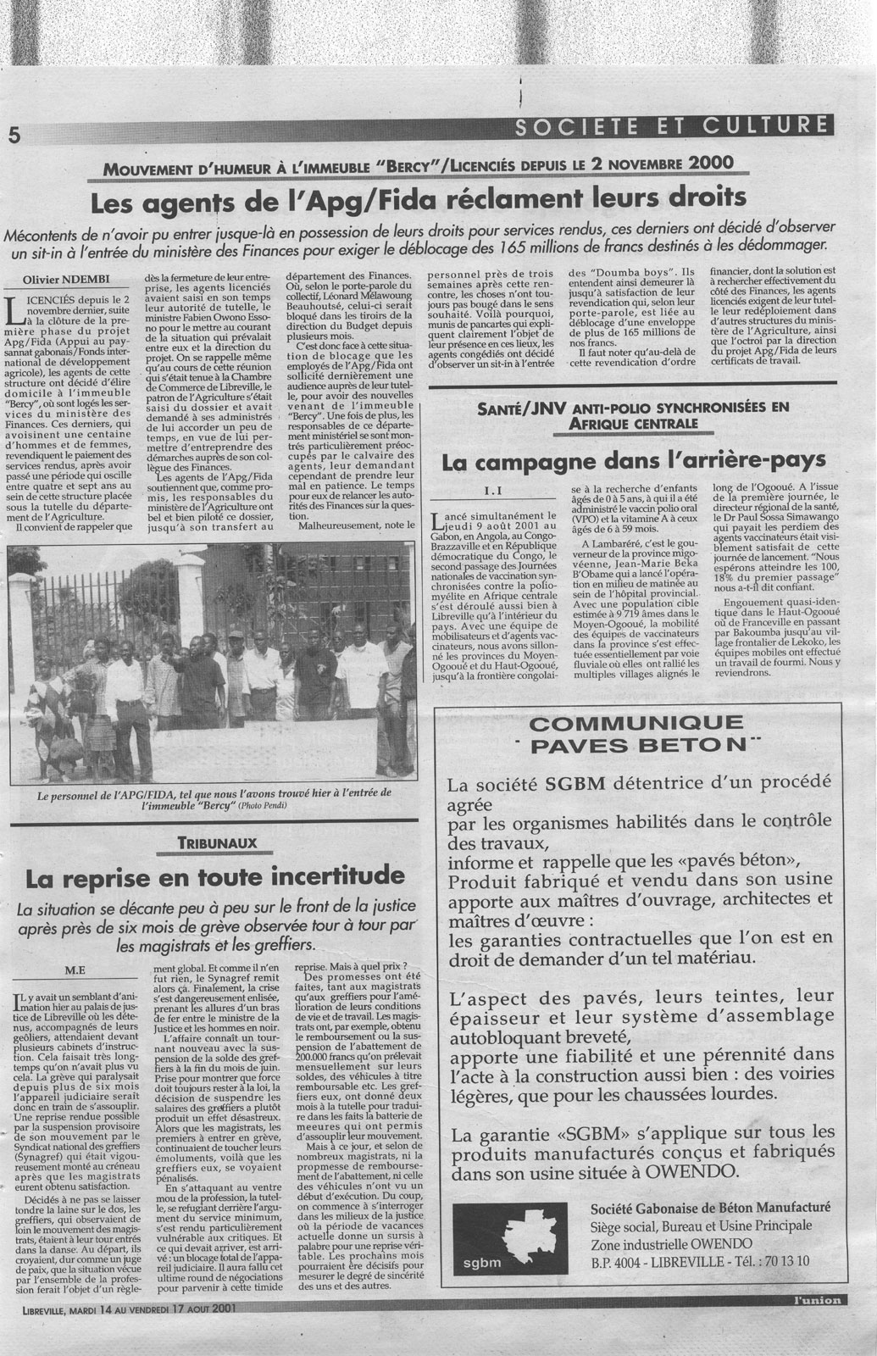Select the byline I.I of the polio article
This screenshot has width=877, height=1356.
[x=494, y=490]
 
